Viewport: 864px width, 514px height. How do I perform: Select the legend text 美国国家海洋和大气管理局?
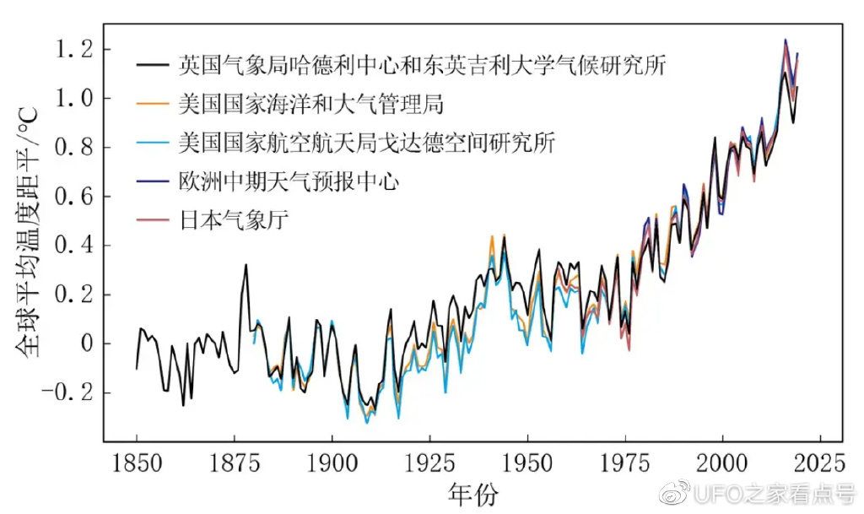310,105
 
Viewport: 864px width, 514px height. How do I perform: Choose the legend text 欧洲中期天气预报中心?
288,181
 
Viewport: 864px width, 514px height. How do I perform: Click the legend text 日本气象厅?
234,221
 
